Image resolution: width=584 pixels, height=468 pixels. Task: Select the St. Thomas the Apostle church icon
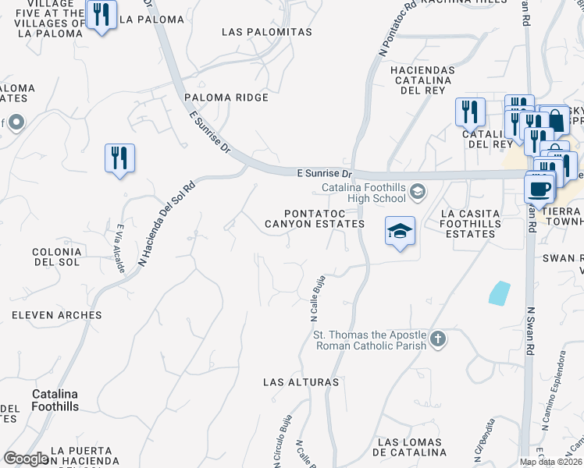click(438, 339)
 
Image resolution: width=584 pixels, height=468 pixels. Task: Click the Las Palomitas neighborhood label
click(267, 32)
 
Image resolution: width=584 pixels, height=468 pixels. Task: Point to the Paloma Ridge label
click(226, 97)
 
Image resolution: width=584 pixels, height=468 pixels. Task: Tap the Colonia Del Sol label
click(56, 258)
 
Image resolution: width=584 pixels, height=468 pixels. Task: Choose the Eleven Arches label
click(56, 315)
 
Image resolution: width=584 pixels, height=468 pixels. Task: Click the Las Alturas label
click(301, 382)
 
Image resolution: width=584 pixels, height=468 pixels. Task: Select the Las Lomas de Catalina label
click(411, 447)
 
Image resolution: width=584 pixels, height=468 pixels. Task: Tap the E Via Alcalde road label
click(120, 248)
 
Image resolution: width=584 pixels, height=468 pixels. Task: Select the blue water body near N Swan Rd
click(497, 292)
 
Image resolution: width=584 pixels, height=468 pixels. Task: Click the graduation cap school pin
click(400, 231)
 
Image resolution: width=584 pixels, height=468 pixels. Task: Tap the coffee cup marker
click(540, 187)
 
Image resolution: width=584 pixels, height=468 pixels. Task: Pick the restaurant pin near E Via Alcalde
click(119, 158)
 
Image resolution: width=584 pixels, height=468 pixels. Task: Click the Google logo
click(26, 459)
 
